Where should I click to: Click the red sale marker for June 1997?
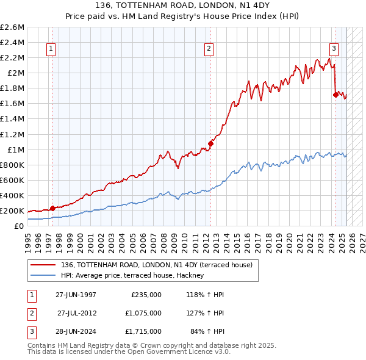point(52,208)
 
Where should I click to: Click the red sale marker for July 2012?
point(210,143)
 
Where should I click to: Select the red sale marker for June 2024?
point(335,95)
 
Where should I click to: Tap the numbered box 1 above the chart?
point(51,49)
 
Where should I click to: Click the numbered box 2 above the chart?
point(209,49)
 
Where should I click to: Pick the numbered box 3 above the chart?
point(334,49)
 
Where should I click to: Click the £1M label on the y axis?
point(15,149)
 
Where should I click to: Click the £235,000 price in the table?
point(146,295)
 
